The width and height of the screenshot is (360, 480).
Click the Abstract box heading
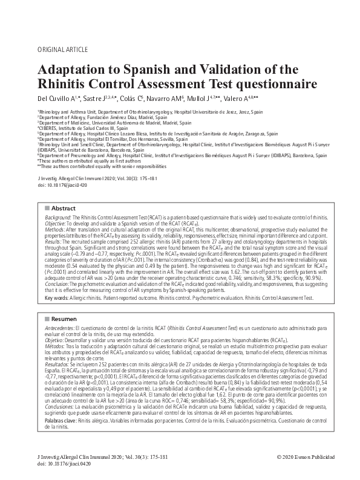pyautogui.click(x=63, y=207)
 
